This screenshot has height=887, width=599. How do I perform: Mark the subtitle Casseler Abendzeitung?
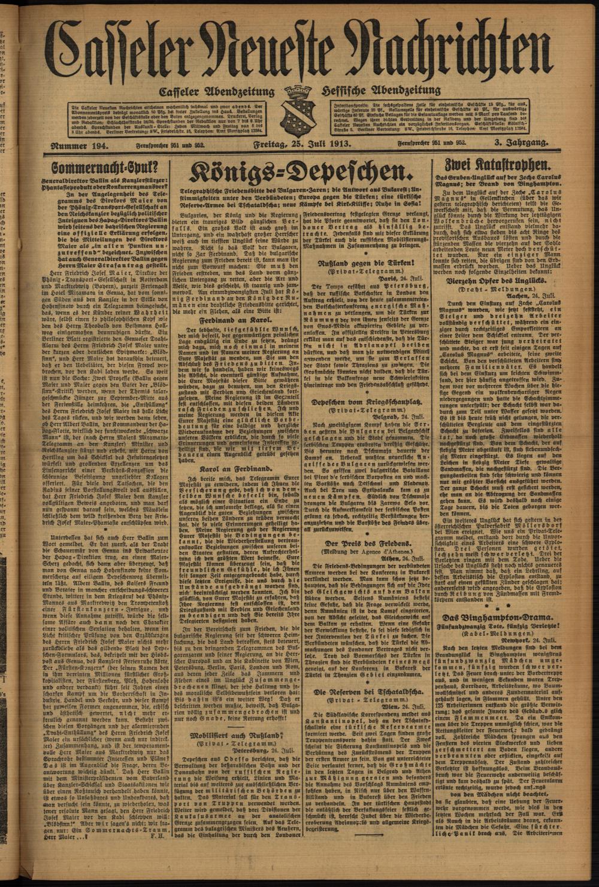[216, 92]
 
